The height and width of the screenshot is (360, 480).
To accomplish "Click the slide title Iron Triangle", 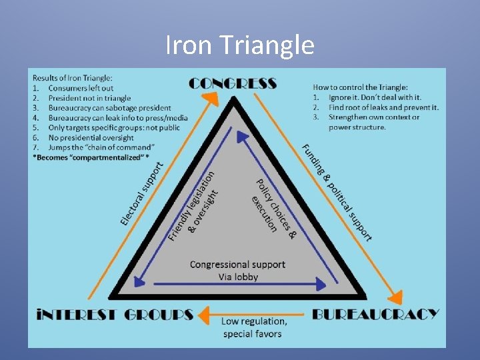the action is [240, 45].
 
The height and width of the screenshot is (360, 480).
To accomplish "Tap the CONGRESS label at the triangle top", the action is [233, 83].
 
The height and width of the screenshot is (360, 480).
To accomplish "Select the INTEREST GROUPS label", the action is [115, 315].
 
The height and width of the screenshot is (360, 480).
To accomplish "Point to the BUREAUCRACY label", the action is [375, 315].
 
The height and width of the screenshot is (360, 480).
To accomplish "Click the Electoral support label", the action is [142, 194].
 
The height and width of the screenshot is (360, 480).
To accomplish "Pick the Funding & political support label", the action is [337, 193].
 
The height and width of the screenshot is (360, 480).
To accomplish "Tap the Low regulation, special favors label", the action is [254, 327].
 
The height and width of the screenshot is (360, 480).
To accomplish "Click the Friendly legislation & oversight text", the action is [193, 206].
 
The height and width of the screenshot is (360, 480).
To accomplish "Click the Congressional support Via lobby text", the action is [238, 271].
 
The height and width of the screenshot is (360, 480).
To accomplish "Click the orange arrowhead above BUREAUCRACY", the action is [395, 297].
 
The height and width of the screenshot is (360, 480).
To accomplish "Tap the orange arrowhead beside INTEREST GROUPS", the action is [204, 315].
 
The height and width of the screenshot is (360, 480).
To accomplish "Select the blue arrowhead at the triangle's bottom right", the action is [321, 284].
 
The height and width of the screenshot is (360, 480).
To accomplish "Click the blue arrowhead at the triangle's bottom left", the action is [139, 281].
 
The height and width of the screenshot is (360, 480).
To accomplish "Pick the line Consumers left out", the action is [81, 88].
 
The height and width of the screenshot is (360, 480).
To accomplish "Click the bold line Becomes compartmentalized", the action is [91, 157].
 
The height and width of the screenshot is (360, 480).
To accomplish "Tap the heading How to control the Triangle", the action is [360, 87].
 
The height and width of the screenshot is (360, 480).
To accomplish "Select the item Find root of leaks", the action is [384, 107].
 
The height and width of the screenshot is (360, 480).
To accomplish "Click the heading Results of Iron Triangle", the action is [73, 78].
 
